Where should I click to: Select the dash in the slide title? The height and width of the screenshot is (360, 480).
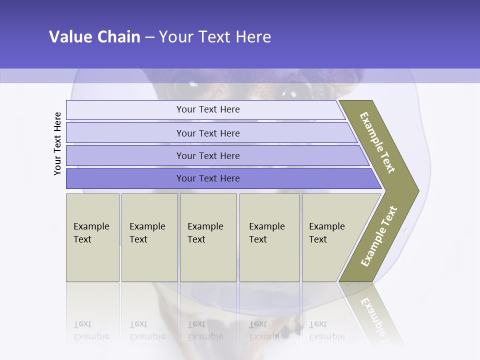tap(149, 37)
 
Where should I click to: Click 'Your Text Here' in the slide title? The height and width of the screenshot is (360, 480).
tap(215, 37)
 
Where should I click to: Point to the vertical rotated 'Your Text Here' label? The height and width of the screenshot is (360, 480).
tap(57, 143)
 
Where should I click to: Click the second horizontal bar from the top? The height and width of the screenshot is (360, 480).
tap(207, 133)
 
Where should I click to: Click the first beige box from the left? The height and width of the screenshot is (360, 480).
tap(92, 237)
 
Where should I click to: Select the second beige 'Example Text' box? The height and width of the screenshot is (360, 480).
tap(149, 237)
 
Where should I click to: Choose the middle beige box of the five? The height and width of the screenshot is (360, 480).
tap(208, 237)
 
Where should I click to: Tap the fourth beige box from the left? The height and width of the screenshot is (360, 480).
tap(269, 237)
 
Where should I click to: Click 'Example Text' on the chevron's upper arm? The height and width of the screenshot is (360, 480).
tap(377, 142)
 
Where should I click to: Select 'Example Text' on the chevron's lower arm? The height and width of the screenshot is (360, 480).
tap(379, 236)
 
